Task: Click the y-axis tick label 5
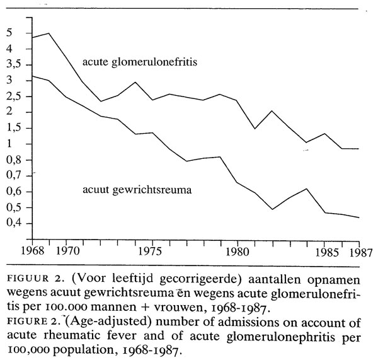tap(9, 33)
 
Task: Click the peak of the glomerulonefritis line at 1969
tap(49, 33)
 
